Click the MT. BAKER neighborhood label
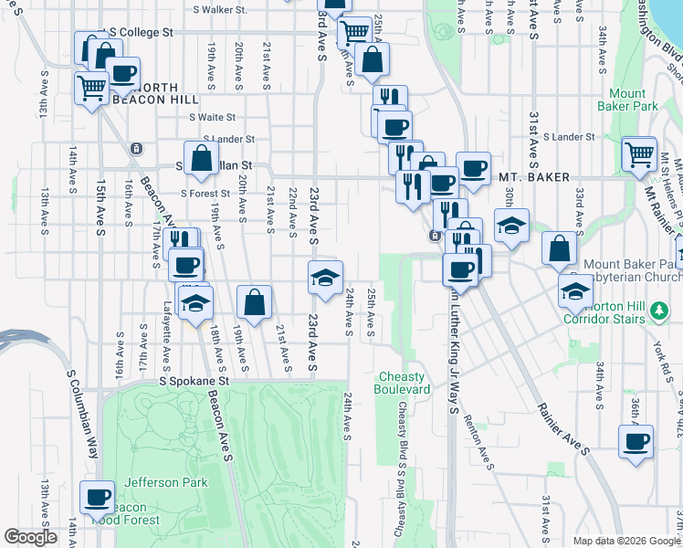coord(534,177)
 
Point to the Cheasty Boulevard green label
coord(401,383)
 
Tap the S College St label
coord(142,32)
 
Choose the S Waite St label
coord(212,117)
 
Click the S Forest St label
coord(205,193)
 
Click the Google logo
coord(30,537)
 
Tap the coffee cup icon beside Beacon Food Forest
coord(97,497)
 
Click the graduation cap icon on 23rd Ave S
coord(324,277)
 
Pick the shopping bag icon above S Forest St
coord(201,157)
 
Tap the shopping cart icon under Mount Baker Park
coord(638,153)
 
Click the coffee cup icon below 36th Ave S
coord(636,441)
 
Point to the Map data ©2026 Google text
coord(626,541)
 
